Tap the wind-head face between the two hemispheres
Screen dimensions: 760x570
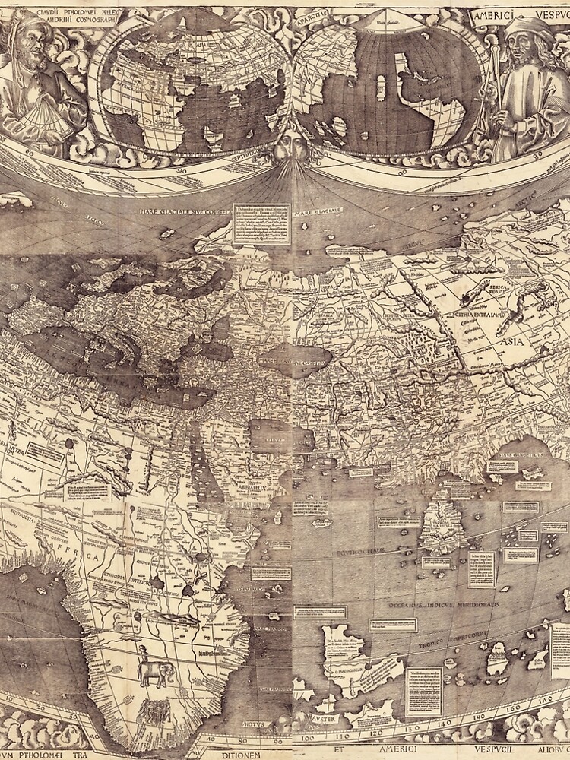tap(286, 144)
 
